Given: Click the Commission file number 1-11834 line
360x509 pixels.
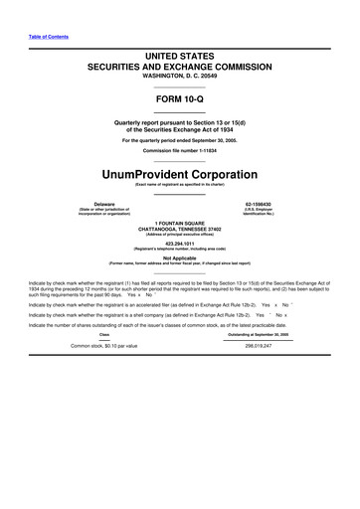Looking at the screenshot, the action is [x=180, y=150].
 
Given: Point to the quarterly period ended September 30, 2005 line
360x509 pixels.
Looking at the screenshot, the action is [x=180, y=140].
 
